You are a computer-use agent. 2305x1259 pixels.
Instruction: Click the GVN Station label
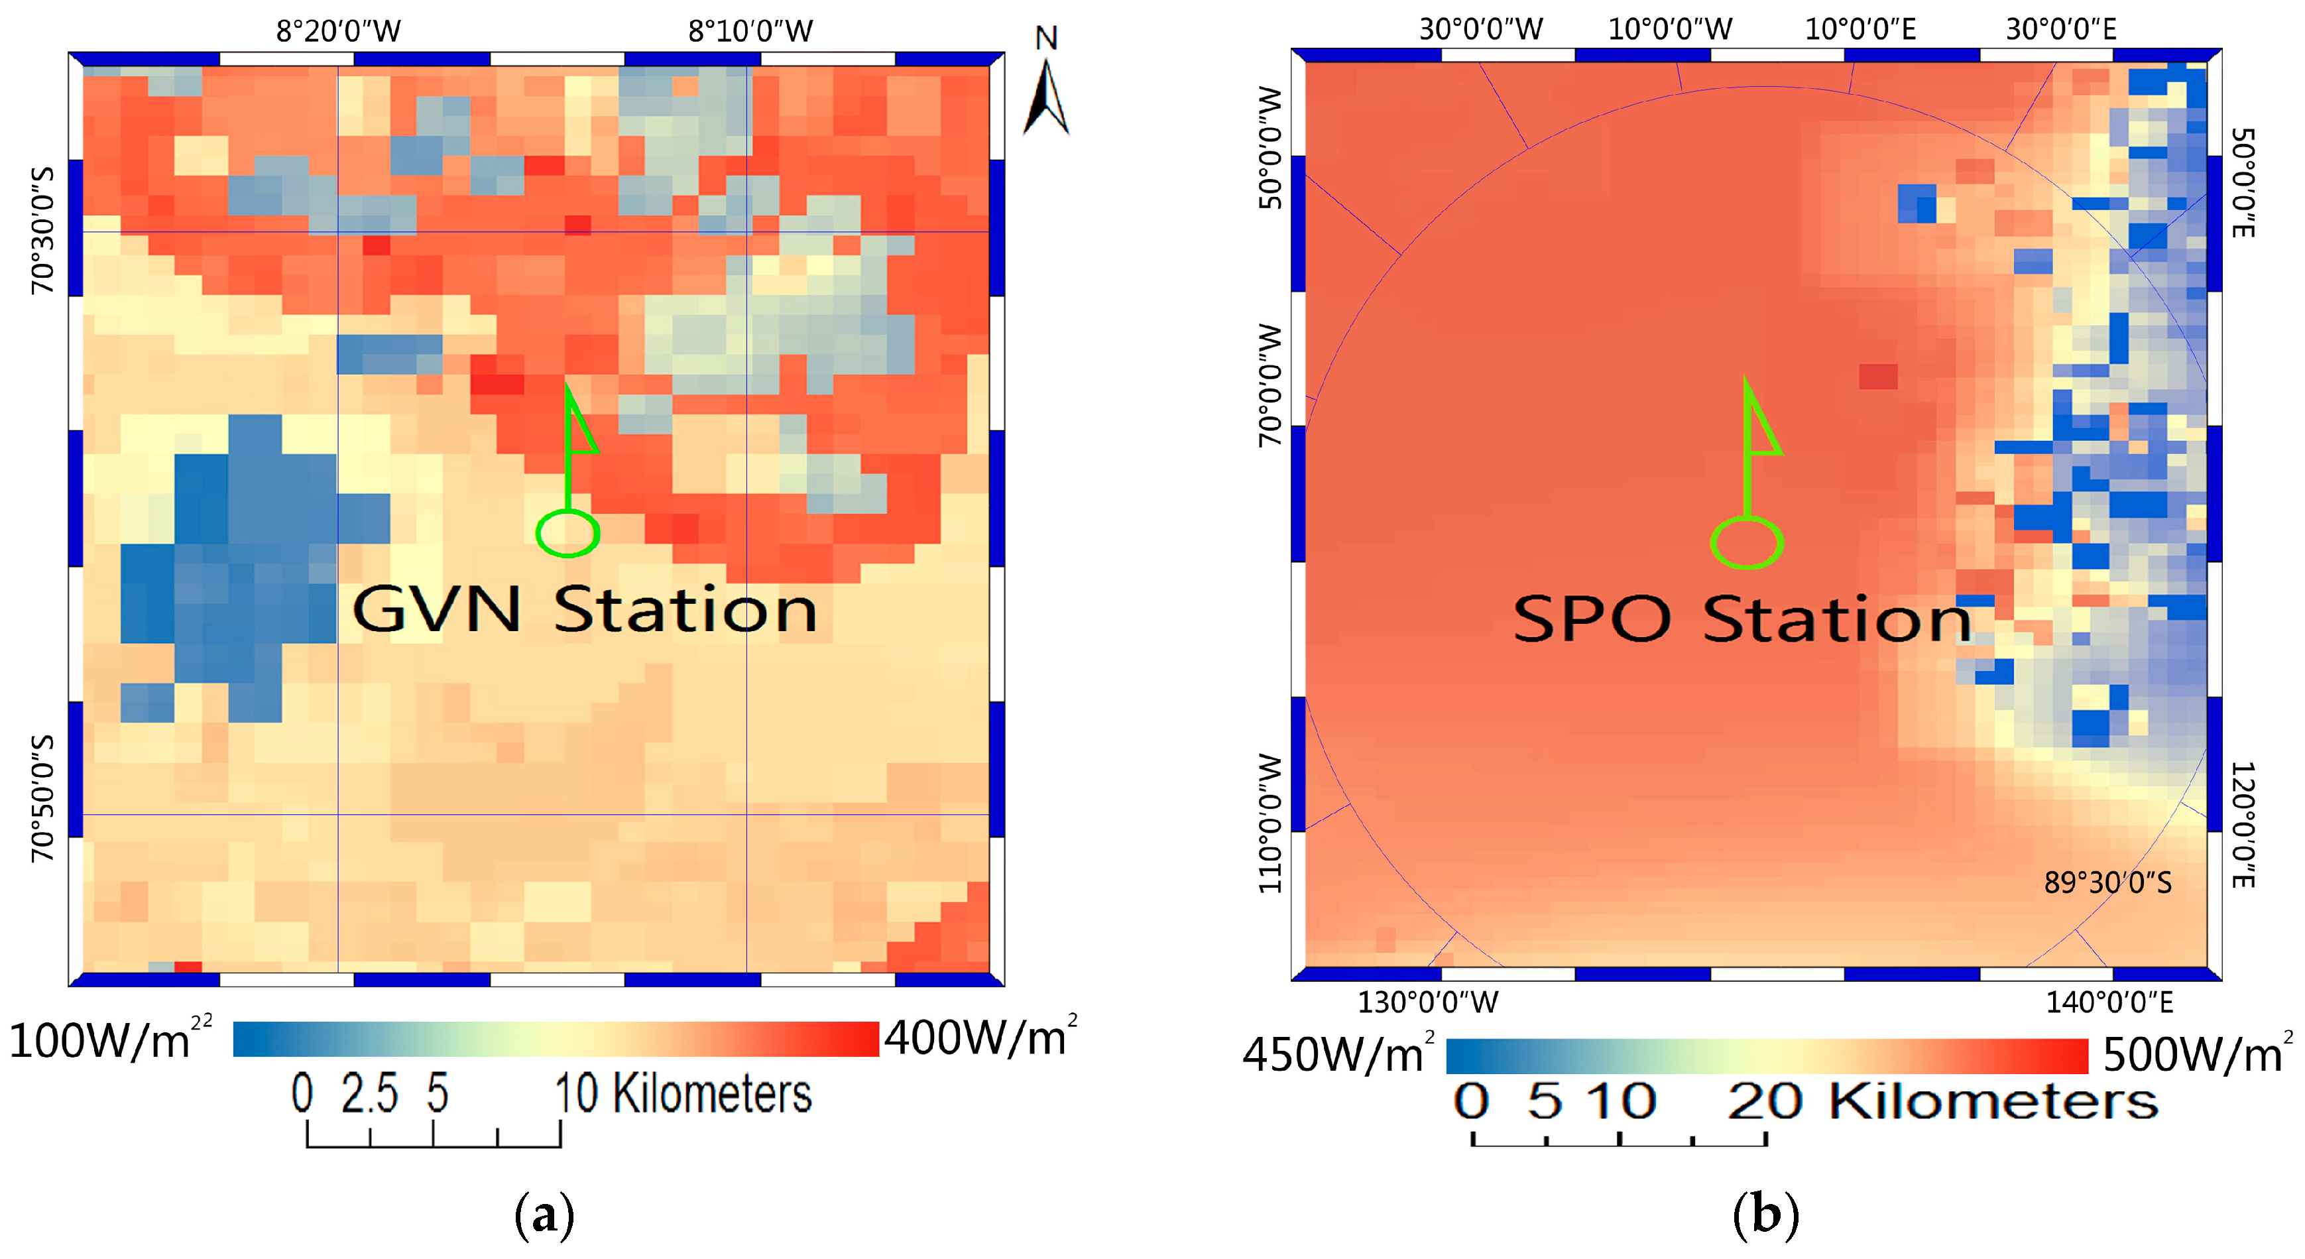[x=584, y=610]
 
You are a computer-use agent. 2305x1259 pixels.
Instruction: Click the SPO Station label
[x=1742, y=619]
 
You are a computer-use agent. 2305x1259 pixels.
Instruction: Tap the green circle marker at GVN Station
[x=567, y=533]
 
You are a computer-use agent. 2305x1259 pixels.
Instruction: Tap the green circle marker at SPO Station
[x=1747, y=543]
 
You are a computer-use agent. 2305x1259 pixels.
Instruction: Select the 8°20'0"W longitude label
[x=338, y=31]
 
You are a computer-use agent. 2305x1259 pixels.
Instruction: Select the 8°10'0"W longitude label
[x=750, y=31]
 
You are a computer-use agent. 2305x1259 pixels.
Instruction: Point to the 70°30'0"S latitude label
[x=42, y=230]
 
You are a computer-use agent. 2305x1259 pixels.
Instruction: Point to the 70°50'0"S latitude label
[x=42, y=798]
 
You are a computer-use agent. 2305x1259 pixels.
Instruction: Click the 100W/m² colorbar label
[x=109, y=1040]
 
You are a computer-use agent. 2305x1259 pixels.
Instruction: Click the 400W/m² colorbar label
[x=980, y=1038]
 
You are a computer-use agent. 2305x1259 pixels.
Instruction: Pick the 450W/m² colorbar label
[x=1338, y=1054]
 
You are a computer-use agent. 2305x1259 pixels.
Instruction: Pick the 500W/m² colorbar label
[x=2198, y=1054]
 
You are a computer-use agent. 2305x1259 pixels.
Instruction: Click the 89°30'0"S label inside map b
[x=2107, y=883]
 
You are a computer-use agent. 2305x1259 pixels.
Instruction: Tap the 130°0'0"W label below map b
[x=1427, y=1002]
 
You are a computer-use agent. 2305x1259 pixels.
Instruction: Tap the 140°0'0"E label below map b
[x=2109, y=1002]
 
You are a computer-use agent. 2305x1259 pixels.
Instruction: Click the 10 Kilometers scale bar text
[x=683, y=1093]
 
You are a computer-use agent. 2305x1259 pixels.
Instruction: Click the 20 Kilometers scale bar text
[x=1942, y=1101]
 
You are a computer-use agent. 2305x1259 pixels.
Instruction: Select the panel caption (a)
[x=544, y=1215]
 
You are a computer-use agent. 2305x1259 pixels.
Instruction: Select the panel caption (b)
[x=1765, y=1215]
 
